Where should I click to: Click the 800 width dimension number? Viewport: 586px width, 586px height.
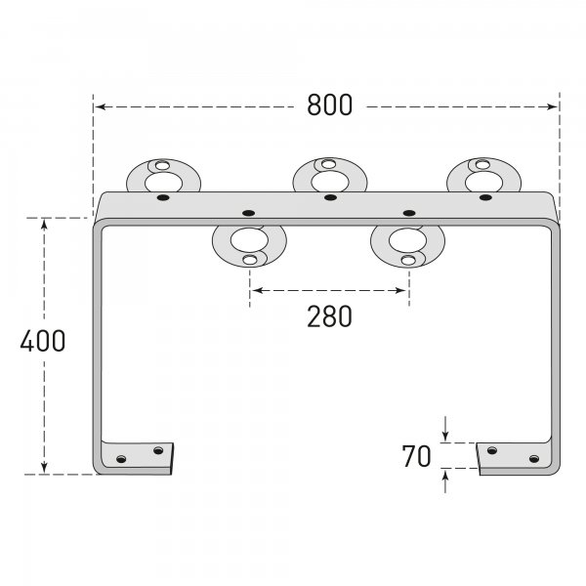pos(329,105)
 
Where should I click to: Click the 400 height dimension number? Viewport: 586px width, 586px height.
pos(42,341)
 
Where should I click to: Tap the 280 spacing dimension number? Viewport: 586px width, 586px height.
pos(329,315)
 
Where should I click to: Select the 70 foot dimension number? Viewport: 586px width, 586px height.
pos(416,456)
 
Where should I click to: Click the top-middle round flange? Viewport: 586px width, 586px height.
pos(329,176)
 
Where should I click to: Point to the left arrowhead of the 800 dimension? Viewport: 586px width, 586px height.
pos(99,105)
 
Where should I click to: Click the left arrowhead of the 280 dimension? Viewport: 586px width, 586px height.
pos(254,290)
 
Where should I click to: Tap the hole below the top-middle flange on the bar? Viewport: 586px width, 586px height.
pos(329,197)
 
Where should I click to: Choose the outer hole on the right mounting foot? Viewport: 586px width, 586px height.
pos(533,458)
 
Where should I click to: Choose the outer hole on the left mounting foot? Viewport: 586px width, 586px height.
pos(122,459)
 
